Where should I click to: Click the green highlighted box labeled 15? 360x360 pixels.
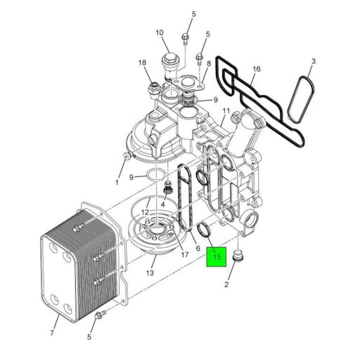click(216, 257)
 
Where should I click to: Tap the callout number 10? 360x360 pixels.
click(160, 32)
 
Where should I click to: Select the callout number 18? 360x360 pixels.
click(142, 63)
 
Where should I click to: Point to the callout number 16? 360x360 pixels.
click(257, 69)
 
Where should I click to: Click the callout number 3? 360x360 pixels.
click(313, 62)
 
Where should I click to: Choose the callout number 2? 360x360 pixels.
click(226, 284)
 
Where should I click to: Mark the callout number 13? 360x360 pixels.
click(150, 272)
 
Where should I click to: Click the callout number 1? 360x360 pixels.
click(117, 182)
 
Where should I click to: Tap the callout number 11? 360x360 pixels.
click(226, 111)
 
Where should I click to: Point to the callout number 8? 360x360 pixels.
click(209, 63)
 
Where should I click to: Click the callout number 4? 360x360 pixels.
click(162, 205)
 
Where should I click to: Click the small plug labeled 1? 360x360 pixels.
click(127, 155)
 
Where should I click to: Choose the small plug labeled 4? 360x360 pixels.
click(167, 190)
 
